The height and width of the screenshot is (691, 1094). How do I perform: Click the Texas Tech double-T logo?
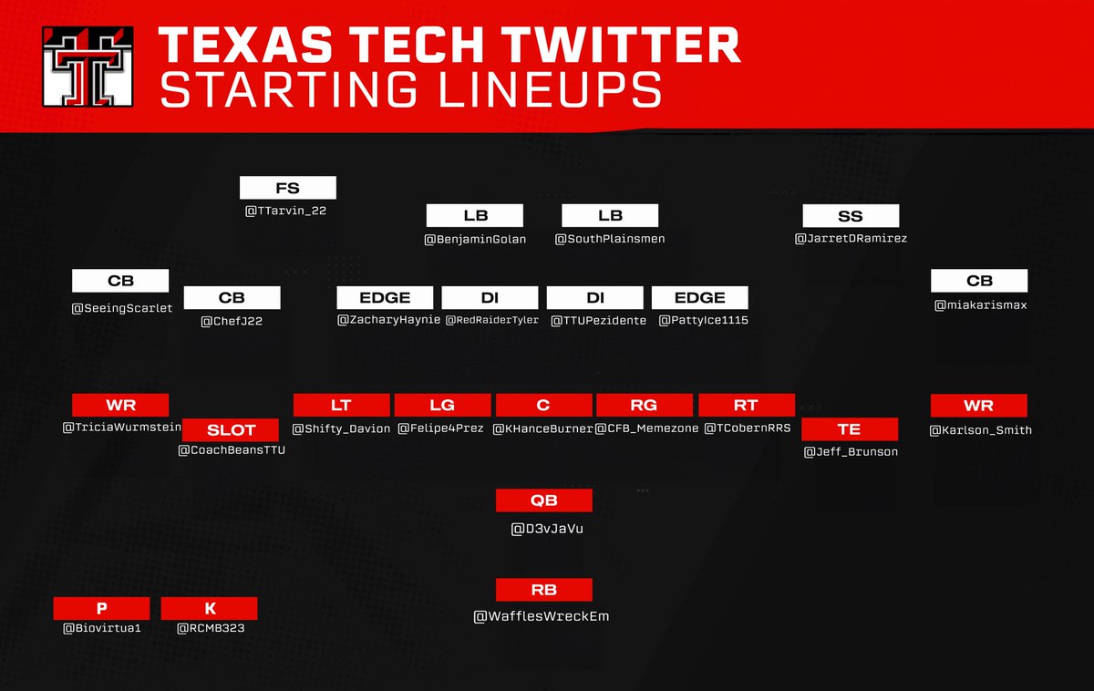(x=88, y=65)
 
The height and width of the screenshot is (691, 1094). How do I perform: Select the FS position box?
(x=287, y=188)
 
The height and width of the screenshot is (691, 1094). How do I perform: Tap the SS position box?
(x=851, y=216)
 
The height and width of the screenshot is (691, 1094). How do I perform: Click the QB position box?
(x=544, y=500)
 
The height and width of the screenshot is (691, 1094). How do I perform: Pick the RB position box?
(x=544, y=589)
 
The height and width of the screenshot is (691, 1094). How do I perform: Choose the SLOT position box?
(x=232, y=429)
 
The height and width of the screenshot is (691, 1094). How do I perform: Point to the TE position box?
(x=850, y=429)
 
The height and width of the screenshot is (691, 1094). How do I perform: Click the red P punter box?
(x=101, y=608)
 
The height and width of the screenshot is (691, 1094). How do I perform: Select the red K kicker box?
(x=209, y=608)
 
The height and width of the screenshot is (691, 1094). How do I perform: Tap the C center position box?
(x=543, y=406)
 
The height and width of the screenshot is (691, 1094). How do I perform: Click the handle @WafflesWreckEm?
(x=542, y=616)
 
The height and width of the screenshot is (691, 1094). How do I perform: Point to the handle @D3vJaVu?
(x=547, y=527)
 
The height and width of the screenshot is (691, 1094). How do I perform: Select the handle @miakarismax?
(x=980, y=305)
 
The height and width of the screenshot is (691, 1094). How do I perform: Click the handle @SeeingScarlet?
(x=122, y=308)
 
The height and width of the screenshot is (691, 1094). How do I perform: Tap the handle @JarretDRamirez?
(x=851, y=239)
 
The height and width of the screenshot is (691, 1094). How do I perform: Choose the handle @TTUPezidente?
(x=598, y=320)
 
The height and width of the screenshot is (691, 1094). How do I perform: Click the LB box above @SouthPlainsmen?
(x=610, y=216)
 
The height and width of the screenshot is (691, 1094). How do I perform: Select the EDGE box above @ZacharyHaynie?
(x=386, y=298)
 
